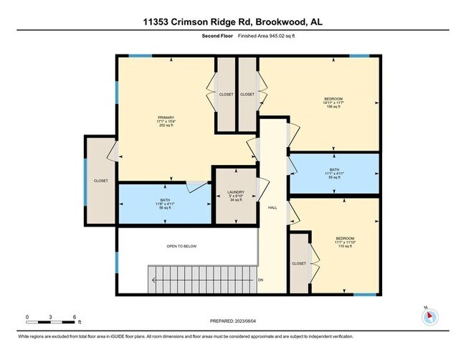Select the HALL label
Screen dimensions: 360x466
click(272, 208)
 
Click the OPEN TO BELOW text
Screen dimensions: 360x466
click(181, 246)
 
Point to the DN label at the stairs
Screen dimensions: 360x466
click(261, 280)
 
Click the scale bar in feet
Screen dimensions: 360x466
click(51, 316)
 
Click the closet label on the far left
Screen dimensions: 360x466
click(101, 181)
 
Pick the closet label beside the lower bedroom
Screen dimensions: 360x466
click(299, 263)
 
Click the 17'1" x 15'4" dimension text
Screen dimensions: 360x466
click(166, 123)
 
